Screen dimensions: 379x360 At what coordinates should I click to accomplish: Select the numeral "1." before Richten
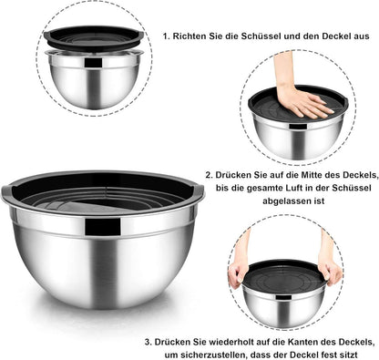pyautogui.click(x=166, y=36)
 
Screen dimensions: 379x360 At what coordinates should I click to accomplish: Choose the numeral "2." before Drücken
pyautogui.click(x=209, y=175)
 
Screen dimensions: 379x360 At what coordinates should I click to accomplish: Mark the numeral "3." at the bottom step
pyautogui.click(x=148, y=342)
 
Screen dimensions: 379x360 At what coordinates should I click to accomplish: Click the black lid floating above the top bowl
pyautogui.click(x=94, y=38)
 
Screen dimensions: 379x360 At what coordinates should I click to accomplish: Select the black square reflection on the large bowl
pyautogui.click(x=103, y=227)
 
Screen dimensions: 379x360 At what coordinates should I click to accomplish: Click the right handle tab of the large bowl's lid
pyautogui.click(x=200, y=190)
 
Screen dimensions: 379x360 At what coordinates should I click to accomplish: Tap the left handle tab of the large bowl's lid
pyautogui.click(x=6, y=190)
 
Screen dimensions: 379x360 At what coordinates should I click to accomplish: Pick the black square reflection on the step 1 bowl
pyautogui.click(x=93, y=63)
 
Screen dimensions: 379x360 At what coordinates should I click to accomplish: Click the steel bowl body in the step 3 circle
pyautogui.click(x=283, y=307)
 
